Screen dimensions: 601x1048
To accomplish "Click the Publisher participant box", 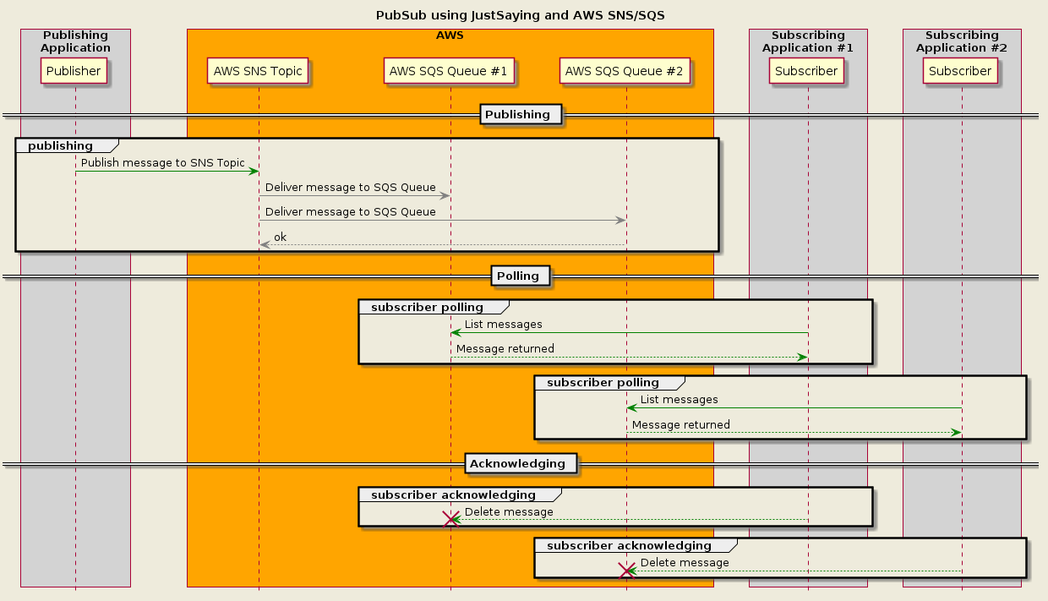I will [x=74, y=71].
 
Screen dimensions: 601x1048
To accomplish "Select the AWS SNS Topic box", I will [x=258, y=71].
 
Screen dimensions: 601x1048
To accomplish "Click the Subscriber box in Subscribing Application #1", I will [x=806, y=71].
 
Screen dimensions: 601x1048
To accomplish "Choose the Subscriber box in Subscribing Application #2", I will [x=960, y=71].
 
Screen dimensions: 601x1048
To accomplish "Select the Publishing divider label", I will [x=517, y=114].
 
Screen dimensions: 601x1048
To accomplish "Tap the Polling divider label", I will [x=517, y=276].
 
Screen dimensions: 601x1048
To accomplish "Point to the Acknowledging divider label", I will [x=517, y=463].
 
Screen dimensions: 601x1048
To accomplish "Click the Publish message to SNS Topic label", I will [x=163, y=162].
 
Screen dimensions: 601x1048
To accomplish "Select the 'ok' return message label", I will [x=280, y=237].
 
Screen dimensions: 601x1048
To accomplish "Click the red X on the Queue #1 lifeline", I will [x=450, y=519].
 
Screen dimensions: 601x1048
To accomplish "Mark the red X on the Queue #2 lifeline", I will [x=626, y=571].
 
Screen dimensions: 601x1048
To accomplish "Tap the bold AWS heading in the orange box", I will [x=450, y=36].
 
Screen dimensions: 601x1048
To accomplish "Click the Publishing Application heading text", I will [x=75, y=41].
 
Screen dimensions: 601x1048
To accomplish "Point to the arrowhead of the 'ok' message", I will [x=264, y=245].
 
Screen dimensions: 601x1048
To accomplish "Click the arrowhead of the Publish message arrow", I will [x=253, y=172].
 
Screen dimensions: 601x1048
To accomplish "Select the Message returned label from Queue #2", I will [x=681, y=424].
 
